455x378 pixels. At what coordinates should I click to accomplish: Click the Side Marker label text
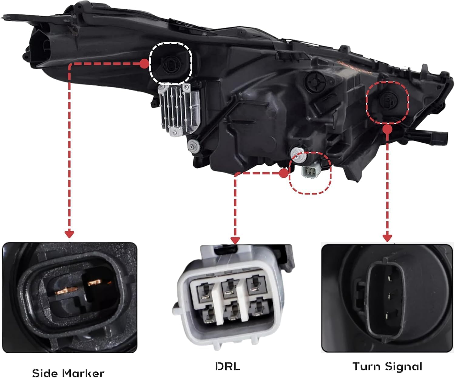[x=68, y=367]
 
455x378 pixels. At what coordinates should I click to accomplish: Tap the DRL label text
[x=228, y=360]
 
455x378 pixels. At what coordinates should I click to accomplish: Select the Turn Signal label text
[x=387, y=361]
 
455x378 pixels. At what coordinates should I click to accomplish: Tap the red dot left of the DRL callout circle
[x=284, y=173]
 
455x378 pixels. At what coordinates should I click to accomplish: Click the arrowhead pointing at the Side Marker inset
[x=69, y=234]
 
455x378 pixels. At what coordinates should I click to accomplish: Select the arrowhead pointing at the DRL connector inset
[x=235, y=240]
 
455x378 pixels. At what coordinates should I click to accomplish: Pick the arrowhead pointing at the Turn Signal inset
[x=387, y=238]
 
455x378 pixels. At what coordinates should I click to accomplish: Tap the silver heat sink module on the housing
[x=179, y=109]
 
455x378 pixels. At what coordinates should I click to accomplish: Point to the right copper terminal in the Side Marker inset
[x=94, y=283]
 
